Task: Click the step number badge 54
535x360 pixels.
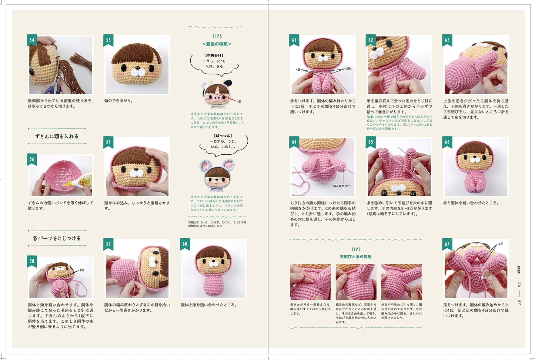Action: point(32,40)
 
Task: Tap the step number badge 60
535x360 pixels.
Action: point(185,244)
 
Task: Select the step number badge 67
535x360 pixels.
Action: point(447,244)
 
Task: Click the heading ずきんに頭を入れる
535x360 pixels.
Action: point(57,136)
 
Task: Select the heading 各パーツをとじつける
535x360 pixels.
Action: point(57,238)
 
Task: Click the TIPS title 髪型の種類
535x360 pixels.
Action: point(217,44)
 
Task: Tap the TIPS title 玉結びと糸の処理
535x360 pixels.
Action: point(355,256)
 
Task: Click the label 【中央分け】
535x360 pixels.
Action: point(214,55)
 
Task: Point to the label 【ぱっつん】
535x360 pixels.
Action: point(223,136)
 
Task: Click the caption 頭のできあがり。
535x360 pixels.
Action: point(118,101)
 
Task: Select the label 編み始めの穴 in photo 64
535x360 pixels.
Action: point(341,186)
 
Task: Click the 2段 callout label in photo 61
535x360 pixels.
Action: point(348,69)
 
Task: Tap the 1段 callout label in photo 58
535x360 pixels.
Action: point(82,270)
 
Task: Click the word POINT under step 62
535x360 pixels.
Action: point(370,117)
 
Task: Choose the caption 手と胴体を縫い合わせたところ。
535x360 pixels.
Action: point(471,203)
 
